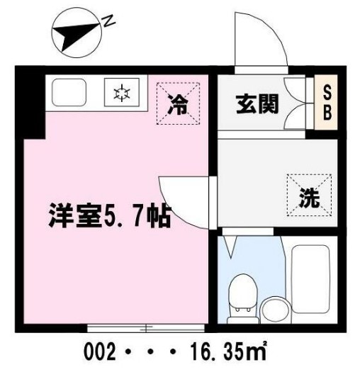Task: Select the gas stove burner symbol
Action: pos(121,91)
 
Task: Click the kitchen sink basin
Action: pos(68,91)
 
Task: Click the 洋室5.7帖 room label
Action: pos(109,214)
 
